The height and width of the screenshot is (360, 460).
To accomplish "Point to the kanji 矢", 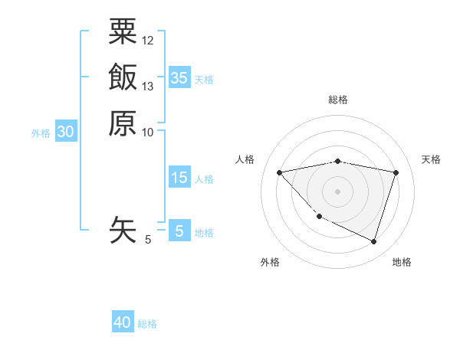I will (123, 230).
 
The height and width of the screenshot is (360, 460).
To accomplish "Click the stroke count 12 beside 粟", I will (148, 40).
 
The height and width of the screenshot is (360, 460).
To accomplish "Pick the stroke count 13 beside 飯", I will (148, 86).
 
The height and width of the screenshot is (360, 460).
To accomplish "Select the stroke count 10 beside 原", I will (148, 132).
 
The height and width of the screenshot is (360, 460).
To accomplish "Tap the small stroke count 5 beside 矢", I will (148, 240).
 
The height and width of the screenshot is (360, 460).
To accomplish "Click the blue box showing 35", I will (179, 78).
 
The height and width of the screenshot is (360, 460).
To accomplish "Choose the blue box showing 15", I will (179, 178).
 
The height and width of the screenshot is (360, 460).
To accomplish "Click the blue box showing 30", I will (66, 132).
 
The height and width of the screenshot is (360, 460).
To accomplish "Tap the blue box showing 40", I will (123, 322).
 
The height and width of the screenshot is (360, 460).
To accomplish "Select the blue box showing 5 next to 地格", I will (179, 231).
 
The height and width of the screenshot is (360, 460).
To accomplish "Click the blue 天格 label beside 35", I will (204, 80).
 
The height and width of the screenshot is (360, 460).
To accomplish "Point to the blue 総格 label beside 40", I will (148, 324).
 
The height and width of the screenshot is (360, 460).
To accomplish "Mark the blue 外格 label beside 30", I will (41, 133).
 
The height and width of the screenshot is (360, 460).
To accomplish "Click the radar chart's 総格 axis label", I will (337, 100).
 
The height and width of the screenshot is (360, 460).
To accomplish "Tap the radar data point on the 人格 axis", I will (279, 172).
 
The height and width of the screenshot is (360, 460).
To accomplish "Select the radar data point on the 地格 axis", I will (373, 242).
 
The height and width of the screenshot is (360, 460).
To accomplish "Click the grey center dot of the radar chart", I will (337, 191).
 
